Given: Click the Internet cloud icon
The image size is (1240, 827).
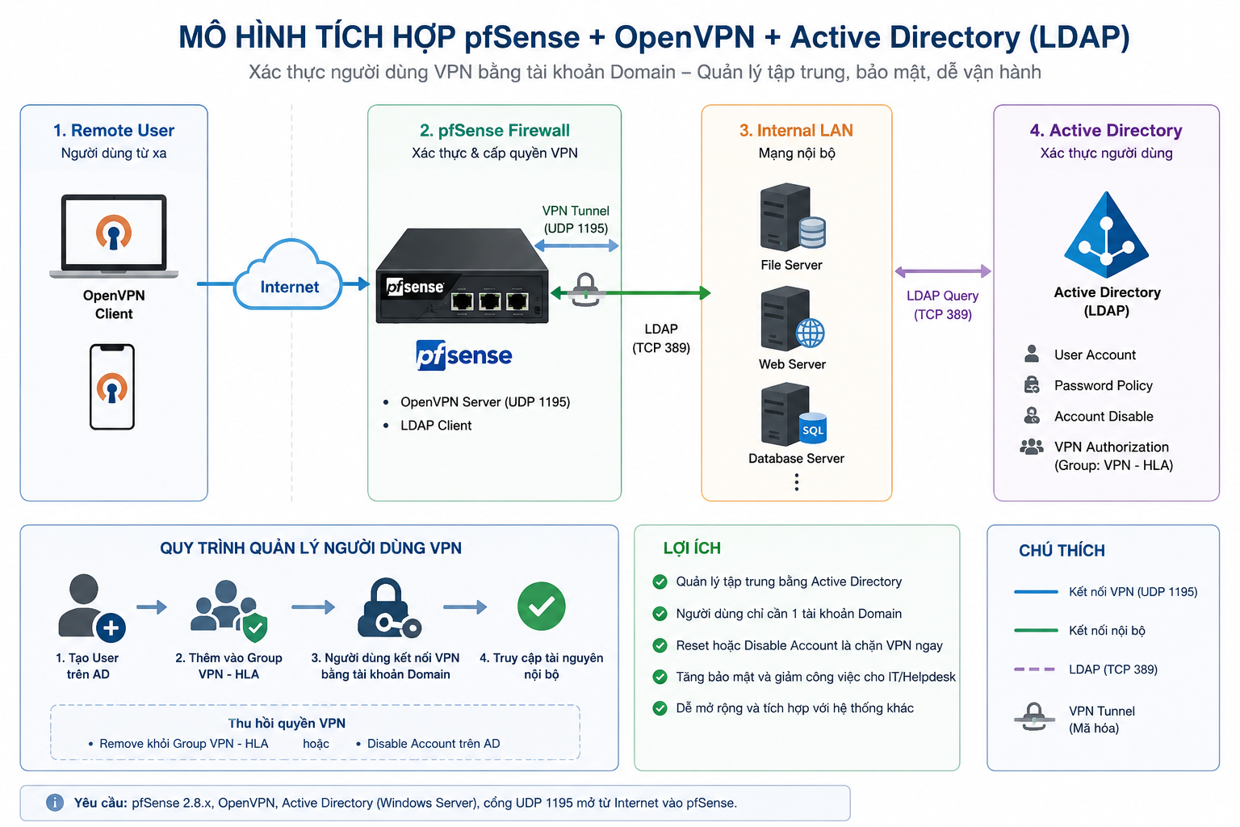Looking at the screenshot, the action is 288,275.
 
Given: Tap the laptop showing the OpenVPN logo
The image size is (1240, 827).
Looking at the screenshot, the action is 114,236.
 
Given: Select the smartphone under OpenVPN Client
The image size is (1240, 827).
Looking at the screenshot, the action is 112,387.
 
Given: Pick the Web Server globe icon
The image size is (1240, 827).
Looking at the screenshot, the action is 810,334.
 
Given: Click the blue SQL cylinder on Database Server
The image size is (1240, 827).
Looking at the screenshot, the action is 813,428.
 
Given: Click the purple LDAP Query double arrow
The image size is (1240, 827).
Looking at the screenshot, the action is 943,271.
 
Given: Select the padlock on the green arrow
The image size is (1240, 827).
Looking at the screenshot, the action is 585,289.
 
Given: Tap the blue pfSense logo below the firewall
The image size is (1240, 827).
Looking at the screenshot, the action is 464,355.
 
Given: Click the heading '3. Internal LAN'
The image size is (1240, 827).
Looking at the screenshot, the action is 796,130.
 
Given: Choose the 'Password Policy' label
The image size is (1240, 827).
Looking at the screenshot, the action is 1103,385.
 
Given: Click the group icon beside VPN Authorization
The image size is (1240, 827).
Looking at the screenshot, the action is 1031,447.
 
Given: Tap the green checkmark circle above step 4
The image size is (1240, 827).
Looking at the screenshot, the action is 542,606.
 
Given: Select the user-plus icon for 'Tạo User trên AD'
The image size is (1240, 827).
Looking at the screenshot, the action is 90,608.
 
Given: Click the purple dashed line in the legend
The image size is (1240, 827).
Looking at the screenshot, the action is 1034,670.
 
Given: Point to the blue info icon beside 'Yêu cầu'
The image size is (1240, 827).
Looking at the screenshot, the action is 55,802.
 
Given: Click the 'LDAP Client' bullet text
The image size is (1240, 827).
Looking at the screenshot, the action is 436,426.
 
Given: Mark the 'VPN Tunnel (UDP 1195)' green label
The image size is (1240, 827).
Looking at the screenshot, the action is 576,220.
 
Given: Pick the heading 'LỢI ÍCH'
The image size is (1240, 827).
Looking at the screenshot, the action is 692,548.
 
